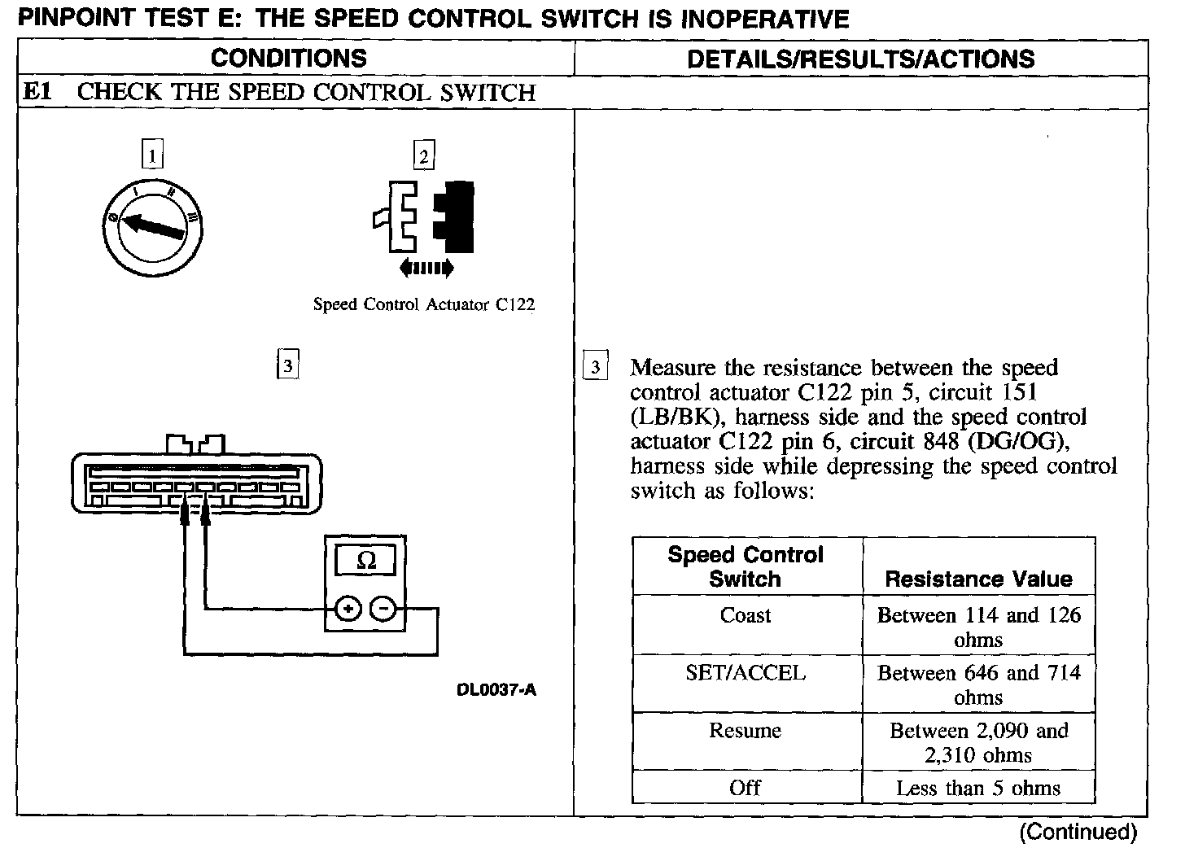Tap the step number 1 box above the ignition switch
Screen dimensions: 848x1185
pos(152,155)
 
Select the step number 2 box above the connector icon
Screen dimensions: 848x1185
pos(423,155)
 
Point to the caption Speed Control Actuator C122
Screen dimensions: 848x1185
pos(424,305)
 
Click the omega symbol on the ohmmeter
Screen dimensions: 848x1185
pos(366,562)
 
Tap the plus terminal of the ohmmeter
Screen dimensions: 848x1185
pos(348,609)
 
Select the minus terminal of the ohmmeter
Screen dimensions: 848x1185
pos(384,609)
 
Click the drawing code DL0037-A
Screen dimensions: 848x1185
pos(496,691)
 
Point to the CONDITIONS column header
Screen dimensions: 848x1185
pos(289,59)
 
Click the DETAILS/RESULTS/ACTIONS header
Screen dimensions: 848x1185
pos(861,59)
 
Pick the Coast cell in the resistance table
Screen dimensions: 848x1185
pos(746,615)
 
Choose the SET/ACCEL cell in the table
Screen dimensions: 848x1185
pos(746,673)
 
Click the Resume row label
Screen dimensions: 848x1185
pos(746,731)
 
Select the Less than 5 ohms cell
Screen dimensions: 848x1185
pos(978,788)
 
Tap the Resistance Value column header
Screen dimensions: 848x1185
pos(978,579)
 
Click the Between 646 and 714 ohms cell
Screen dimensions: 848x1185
pos(978,684)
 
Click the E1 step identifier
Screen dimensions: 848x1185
pos(37,92)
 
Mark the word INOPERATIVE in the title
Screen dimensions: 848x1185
pos(764,19)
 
